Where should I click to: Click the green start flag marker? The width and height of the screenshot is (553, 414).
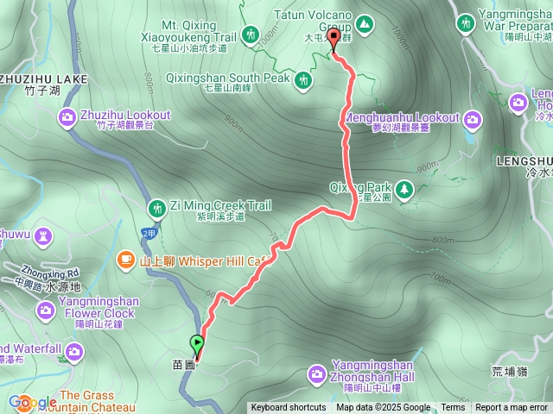[x=198, y=344]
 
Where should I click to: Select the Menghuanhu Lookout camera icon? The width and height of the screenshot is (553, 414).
[x=473, y=117]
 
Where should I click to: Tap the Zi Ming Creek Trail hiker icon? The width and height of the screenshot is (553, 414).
[x=157, y=207]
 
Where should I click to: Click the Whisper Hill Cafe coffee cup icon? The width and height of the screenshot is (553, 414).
[x=126, y=258]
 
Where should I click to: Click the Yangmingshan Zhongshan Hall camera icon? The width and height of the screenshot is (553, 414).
[x=317, y=373]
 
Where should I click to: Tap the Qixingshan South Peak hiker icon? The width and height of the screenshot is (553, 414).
[x=303, y=80]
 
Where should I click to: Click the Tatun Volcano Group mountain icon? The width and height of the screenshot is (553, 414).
[x=365, y=22]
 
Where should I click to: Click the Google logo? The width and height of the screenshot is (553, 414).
[x=33, y=402]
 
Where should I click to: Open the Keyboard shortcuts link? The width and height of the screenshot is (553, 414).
[x=289, y=408]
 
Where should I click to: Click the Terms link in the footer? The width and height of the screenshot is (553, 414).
[x=453, y=408]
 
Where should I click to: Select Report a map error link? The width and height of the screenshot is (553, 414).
[x=512, y=408]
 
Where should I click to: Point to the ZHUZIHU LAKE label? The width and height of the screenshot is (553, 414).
[x=43, y=78]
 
